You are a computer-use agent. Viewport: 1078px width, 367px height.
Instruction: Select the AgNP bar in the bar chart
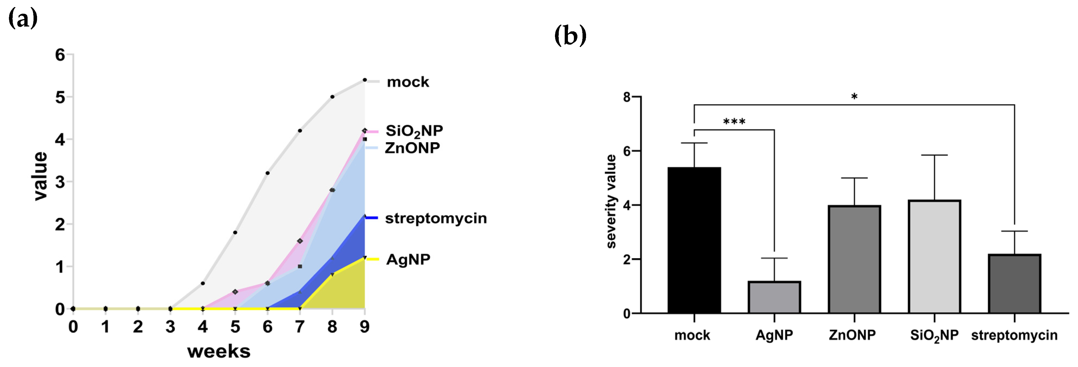[x=774, y=297]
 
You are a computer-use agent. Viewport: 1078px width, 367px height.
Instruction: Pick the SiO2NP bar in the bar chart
[x=934, y=256]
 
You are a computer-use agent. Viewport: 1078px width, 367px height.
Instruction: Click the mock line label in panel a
[x=408, y=82]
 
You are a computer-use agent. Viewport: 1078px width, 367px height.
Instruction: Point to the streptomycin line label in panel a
[x=436, y=219]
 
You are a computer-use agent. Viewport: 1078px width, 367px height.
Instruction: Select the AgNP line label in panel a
[x=408, y=259]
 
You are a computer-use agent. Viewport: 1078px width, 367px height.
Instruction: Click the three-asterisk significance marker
[x=734, y=122]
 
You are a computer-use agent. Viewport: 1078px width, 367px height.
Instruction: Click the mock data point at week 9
[x=365, y=80]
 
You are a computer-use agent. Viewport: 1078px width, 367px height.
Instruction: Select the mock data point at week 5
[x=235, y=232]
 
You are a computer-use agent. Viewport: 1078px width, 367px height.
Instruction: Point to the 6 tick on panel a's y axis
[x=60, y=55]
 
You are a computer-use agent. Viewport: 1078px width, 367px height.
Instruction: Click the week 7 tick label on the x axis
[x=300, y=327]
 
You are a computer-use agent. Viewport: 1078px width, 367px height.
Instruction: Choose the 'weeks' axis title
[x=219, y=352]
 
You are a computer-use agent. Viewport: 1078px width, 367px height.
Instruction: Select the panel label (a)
[x=23, y=19]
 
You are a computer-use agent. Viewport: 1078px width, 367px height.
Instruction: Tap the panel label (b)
[x=570, y=36]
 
